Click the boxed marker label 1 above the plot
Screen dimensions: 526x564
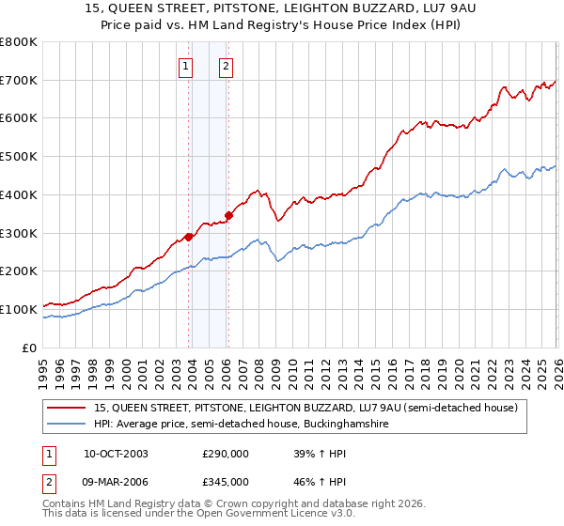(x=186, y=66)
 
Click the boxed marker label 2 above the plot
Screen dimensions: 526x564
(x=227, y=66)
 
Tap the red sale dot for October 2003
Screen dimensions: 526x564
(x=189, y=237)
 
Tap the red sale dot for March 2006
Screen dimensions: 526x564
(x=229, y=215)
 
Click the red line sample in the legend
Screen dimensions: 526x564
(x=68, y=408)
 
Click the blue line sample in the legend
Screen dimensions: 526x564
(x=68, y=425)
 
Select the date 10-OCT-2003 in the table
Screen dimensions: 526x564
(x=121, y=454)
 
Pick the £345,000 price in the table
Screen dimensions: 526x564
(x=226, y=481)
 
